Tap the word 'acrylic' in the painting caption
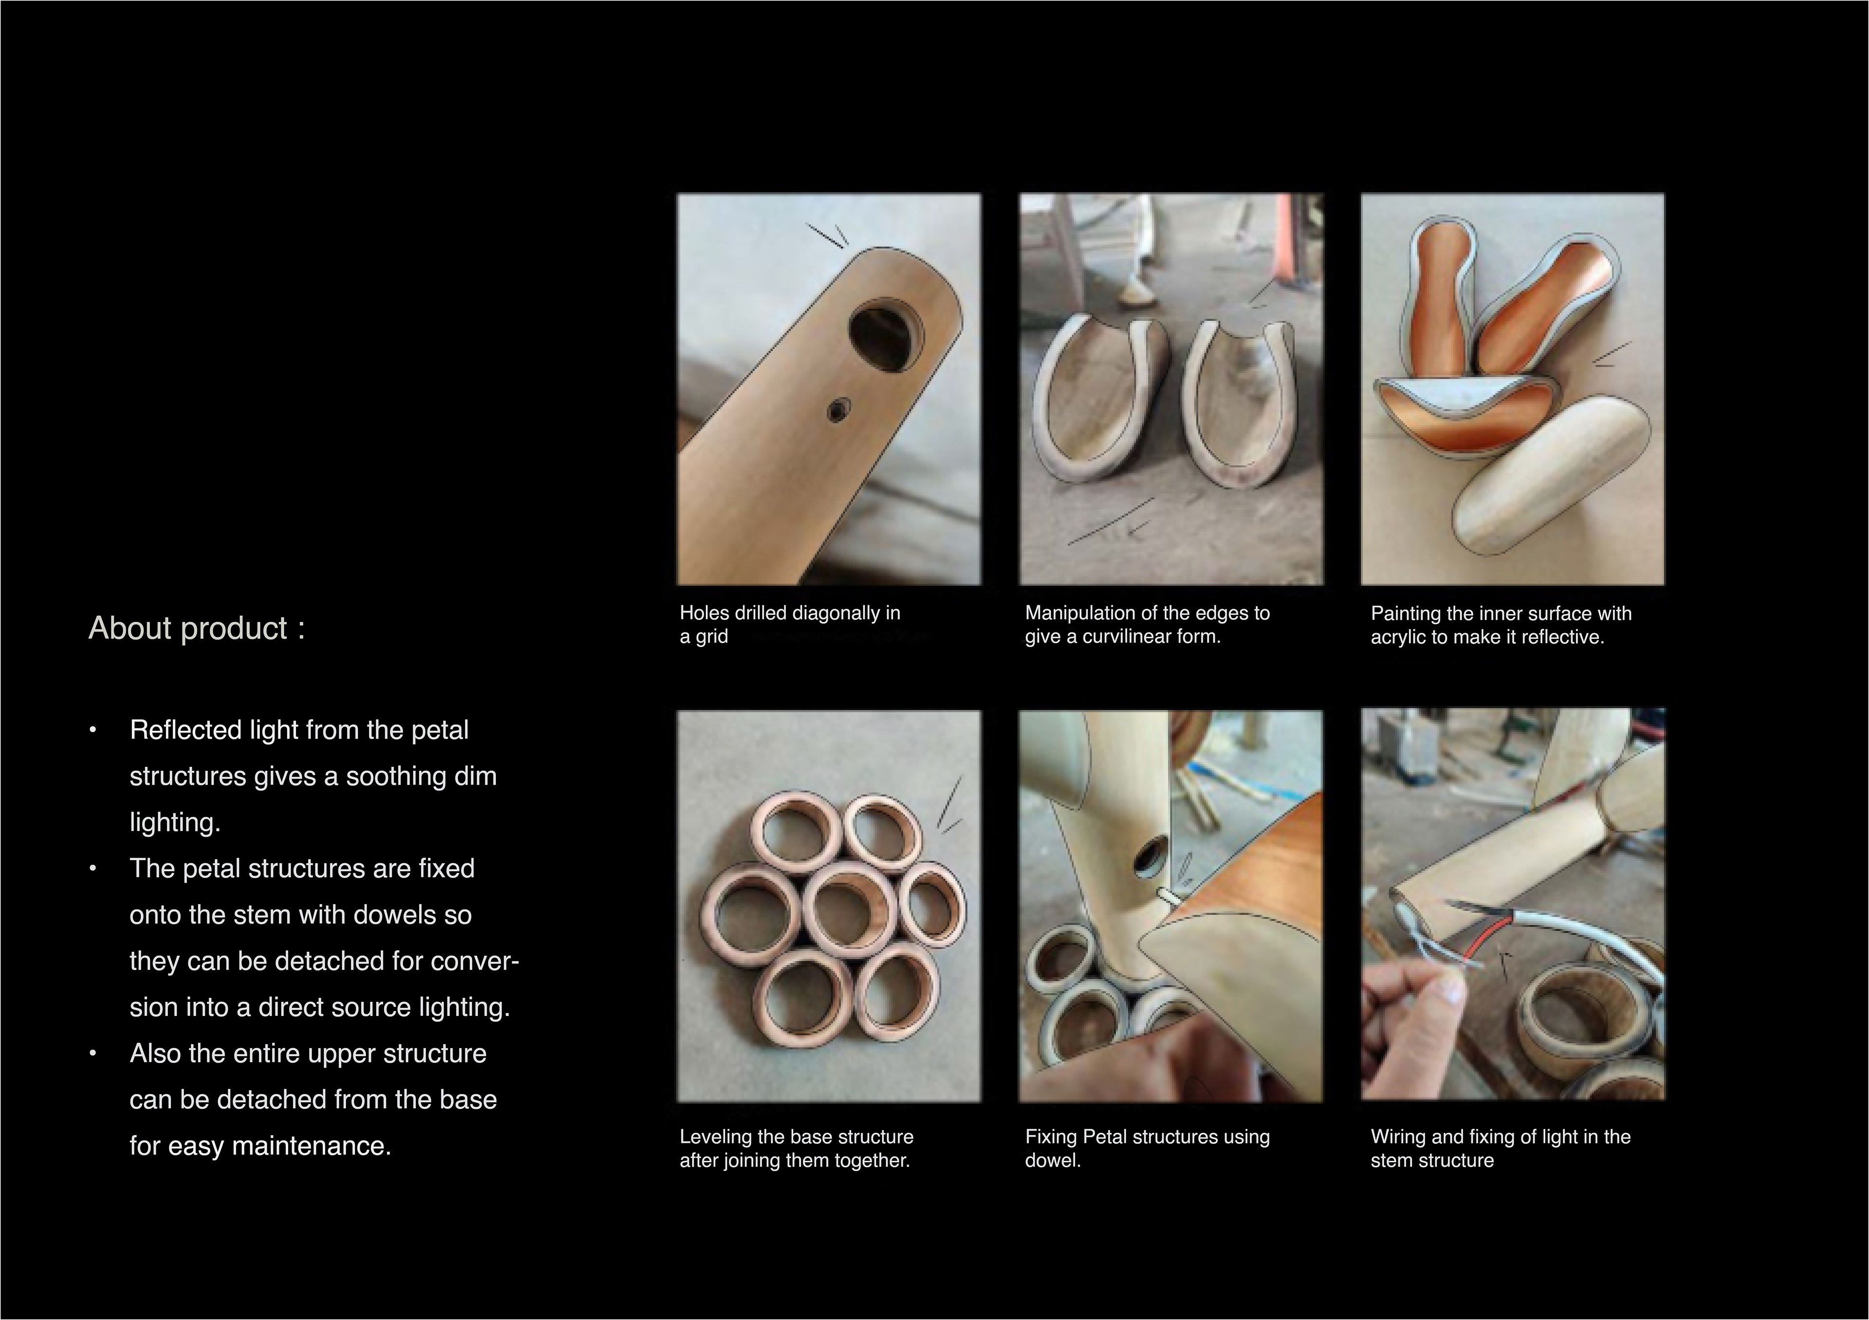(x=1398, y=637)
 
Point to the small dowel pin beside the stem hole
(x=1166, y=895)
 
